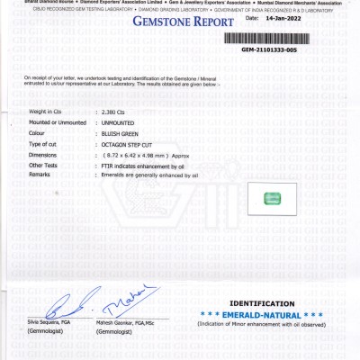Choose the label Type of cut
[43, 144]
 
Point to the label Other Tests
[43, 166]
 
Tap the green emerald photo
[271, 198]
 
